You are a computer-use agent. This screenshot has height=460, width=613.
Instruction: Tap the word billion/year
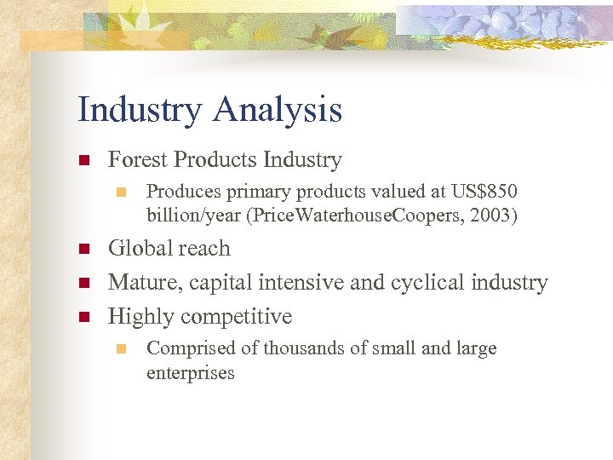click(x=193, y=216)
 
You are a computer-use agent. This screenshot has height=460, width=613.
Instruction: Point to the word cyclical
click(x=431, y=283)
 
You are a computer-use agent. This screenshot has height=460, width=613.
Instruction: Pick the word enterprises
click(x=190, y=374)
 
